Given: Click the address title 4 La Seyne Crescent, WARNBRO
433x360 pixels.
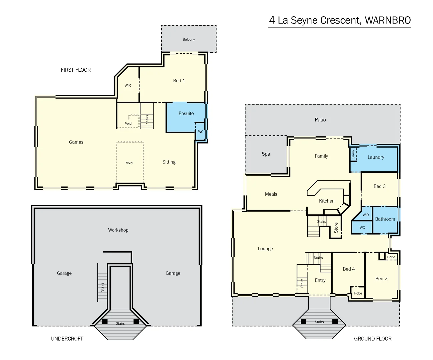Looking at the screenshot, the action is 340,20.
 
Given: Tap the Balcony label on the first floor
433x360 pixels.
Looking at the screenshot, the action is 189,39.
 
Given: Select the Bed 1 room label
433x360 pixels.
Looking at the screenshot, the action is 179,81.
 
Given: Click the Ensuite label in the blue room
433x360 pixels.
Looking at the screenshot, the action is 186,113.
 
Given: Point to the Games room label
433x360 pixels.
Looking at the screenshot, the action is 76,142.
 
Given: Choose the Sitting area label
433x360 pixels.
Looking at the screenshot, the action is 169,162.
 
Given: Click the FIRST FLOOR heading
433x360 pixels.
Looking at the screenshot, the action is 76,70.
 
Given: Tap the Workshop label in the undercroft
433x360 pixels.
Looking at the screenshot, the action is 118,230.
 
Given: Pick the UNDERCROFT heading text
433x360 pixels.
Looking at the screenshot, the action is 67,339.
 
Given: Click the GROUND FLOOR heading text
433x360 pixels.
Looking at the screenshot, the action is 373,339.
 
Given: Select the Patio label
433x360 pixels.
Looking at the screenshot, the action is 320,120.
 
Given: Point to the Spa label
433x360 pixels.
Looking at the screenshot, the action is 266,154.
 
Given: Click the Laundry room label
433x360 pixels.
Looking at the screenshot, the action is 376,157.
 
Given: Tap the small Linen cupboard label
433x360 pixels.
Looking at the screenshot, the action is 353,154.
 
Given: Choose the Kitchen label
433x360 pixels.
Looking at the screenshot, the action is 327,201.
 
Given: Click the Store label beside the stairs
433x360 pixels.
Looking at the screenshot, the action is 336,227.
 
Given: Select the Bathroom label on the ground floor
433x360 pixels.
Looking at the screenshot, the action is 385,219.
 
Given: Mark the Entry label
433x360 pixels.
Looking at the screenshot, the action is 320,280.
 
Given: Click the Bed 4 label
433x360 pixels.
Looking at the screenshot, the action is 349,269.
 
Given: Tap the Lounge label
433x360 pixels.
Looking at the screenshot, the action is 265,249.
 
